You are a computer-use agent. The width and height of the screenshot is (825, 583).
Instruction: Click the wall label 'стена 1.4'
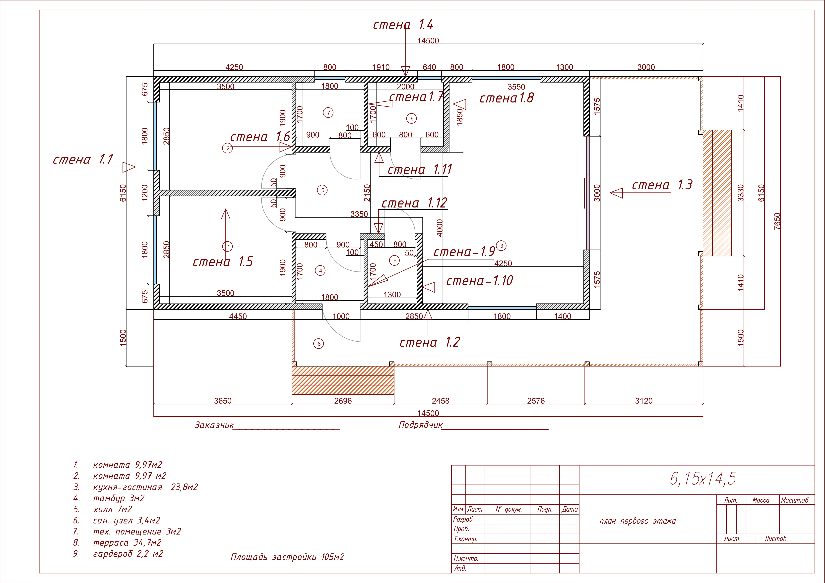[403, 25]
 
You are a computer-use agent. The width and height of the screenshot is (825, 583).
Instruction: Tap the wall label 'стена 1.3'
[662, 185]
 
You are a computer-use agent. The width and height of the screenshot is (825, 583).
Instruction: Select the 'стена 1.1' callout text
[83, 159]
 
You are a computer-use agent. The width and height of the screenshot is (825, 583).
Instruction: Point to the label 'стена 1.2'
[430, 342]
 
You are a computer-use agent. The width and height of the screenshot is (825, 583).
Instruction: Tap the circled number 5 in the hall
[322, 190]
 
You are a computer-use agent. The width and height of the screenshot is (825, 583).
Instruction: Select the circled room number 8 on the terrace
[319, 344]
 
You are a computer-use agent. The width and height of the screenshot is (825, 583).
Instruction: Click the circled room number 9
[394, 260]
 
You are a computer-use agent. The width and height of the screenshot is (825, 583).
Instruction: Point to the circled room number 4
[320, 270]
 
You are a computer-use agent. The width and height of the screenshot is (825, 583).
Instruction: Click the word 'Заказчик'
[214, 425]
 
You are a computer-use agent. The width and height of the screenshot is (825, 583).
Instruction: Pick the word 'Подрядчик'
[420, 425]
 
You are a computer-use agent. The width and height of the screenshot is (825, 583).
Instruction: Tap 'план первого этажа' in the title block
[637, 521]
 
